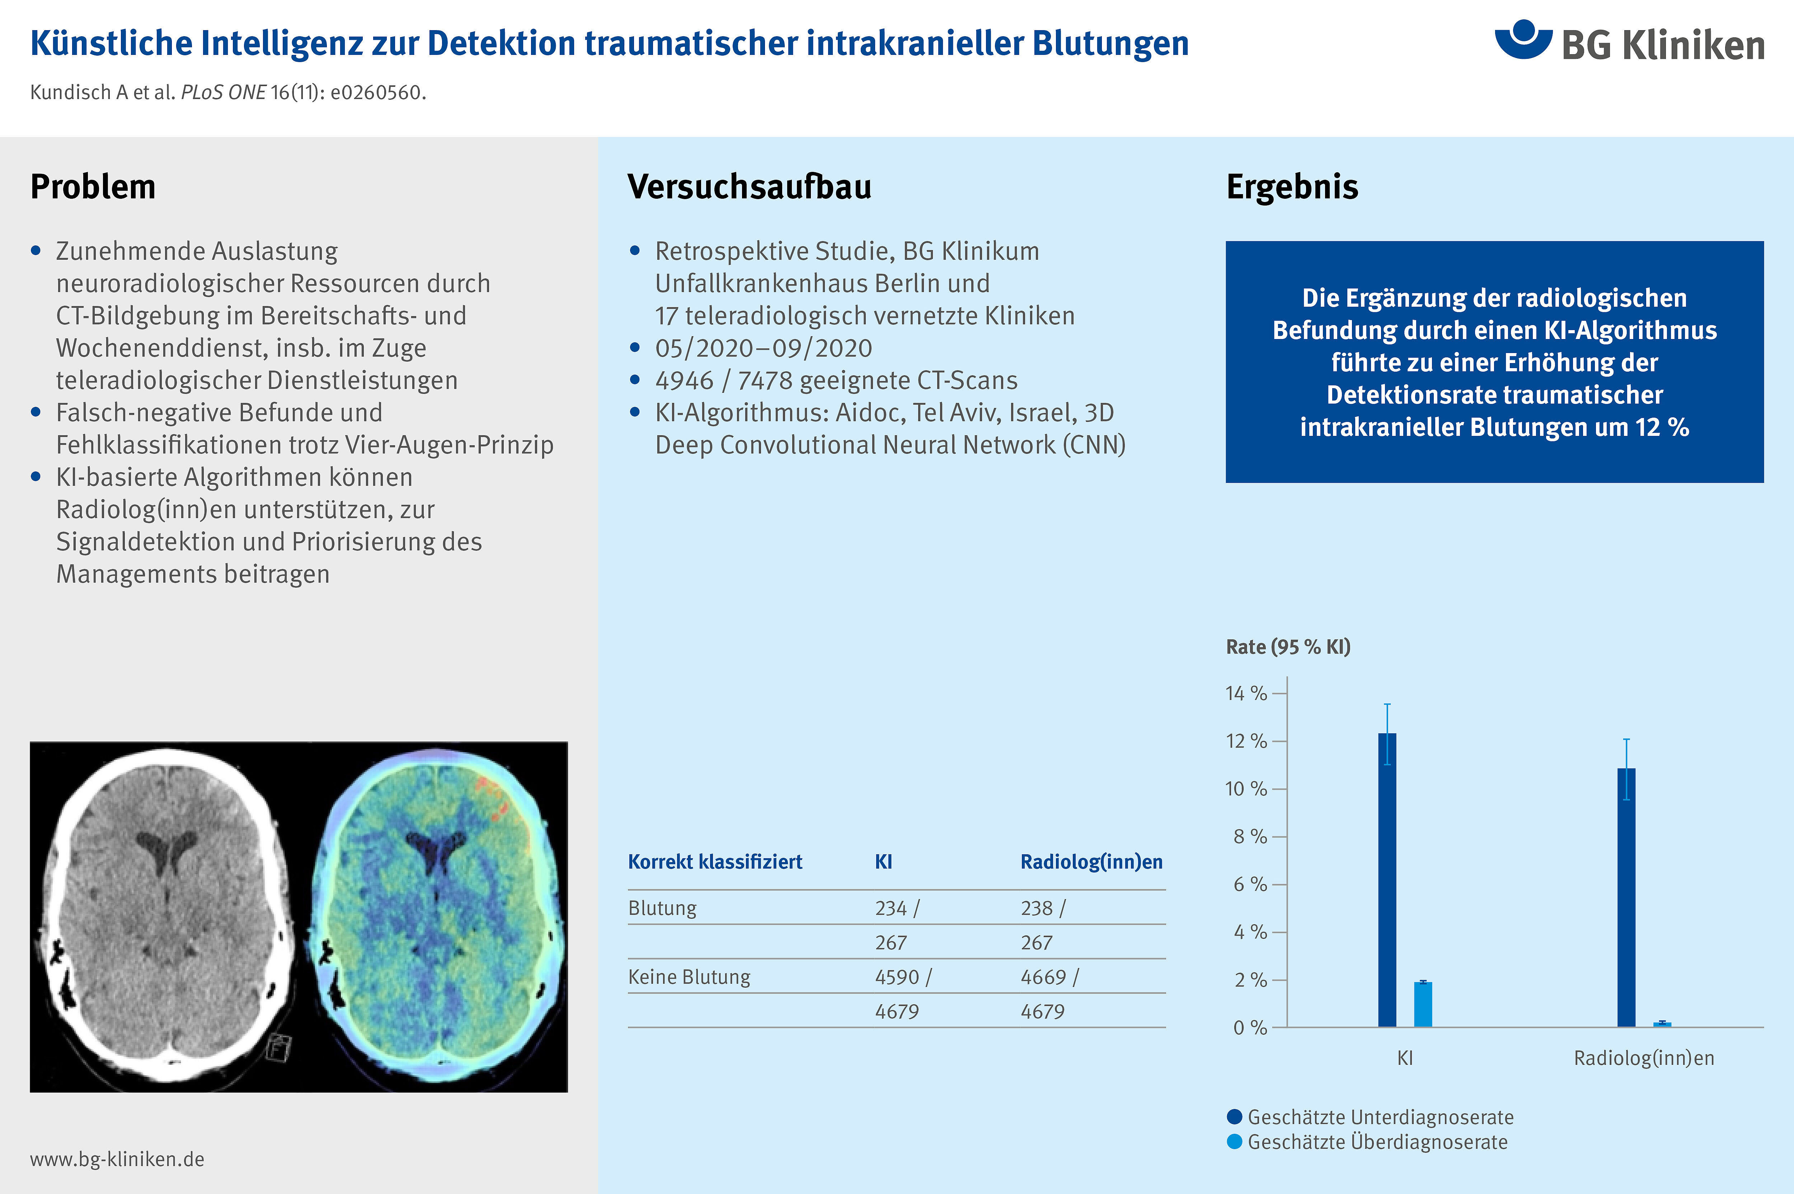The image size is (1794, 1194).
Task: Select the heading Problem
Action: [93, 187]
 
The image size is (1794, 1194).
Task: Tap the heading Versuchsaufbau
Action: [749, 187]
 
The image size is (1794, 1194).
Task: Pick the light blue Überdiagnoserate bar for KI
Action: [1423, 1005]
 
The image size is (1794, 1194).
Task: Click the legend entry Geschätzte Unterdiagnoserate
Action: [1371, 1117]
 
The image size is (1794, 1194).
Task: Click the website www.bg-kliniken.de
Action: [117, 1159]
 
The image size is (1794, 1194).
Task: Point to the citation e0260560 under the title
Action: [377, 92]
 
